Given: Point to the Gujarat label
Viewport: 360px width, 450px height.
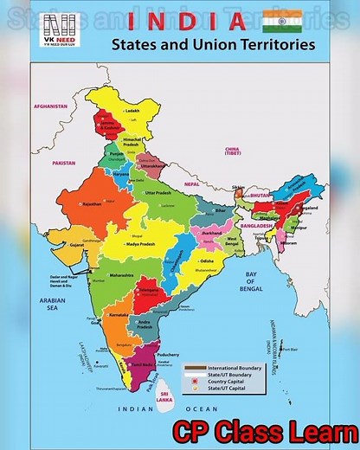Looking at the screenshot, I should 77,245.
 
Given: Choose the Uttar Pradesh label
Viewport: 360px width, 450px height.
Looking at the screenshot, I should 159,192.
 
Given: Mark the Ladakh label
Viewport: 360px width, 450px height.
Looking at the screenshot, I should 132,111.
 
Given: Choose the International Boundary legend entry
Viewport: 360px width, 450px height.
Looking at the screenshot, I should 235,368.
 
